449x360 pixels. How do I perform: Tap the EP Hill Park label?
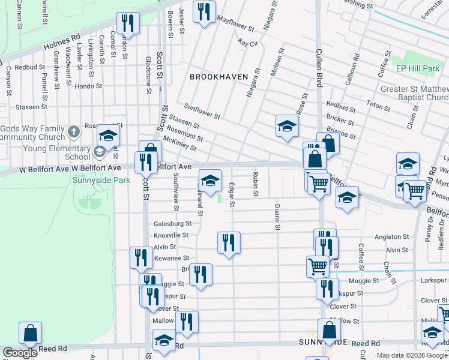point(418,69)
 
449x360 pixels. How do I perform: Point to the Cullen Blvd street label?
point(319,66)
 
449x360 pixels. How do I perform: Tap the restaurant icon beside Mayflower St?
point(204,11)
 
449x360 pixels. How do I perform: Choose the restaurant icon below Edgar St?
point(229,242)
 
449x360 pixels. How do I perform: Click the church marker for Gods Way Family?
point(73,131)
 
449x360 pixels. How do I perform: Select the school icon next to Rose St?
point(287,126)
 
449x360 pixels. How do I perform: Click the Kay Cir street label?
point(247,43)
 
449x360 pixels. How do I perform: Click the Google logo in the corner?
point(20,353)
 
